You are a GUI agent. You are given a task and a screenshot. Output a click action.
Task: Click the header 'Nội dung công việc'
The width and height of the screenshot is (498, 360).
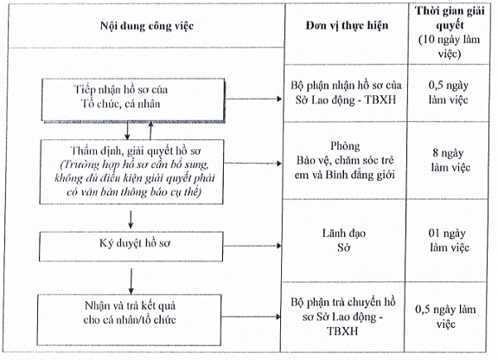pyautogui.click(x=147, y=26)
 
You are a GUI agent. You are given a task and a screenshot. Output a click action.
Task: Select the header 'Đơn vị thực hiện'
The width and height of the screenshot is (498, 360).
pyautogui.click(x=347, y=25)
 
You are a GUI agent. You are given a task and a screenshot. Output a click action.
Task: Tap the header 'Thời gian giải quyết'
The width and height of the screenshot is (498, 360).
pyautogui.click(x=450, y=18)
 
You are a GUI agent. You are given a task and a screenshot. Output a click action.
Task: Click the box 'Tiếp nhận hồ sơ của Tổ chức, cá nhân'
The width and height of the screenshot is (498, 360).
pyautogui.click(x=133, y=100)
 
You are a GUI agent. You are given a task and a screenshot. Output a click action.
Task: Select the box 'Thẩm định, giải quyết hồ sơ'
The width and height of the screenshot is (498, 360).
pyautogui.click(x=131, y=171)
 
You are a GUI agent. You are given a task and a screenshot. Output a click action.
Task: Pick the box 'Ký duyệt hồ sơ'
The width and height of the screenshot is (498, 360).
pyautogui.click(x=131, y=247)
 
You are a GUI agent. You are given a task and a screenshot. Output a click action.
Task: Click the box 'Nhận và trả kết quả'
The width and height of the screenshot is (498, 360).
pyautogui.click(x=129, y=320)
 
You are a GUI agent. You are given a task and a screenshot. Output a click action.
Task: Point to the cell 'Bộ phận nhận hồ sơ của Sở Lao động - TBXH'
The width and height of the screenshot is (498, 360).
pyautogui.click(x=346, y=93)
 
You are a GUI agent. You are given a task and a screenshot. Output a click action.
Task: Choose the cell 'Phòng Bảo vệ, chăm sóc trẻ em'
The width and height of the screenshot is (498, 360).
pyautogui.click(x=345, y=160)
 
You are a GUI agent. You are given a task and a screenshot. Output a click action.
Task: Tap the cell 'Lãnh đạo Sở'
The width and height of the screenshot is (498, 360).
pyautogui.click(x=343, y=240)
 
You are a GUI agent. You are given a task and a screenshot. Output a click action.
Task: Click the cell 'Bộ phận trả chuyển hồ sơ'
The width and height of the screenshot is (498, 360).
pyautogui.click(x=342, y=317)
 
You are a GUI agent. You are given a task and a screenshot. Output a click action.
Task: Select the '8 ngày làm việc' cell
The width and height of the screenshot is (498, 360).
pyautogui.click(x=450, y=160)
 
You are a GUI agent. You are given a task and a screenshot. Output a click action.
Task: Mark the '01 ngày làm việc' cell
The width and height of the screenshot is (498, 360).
pyautogui.click(x=449, y=240)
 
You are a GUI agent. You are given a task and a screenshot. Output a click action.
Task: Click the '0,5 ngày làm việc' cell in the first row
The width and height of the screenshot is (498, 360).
pyautogui.click(x=448, y=93)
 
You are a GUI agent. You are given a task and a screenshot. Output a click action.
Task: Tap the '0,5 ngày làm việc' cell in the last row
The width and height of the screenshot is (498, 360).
pyautogui.click(x=445, y=317)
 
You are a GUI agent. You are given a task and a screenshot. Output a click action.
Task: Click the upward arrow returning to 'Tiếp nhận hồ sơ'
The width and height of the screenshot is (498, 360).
pyautogui.click(x=150, y=131)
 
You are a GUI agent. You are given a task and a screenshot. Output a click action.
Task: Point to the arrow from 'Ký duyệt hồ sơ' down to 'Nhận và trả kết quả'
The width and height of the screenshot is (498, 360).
pyautogui.click(x=131, y=281)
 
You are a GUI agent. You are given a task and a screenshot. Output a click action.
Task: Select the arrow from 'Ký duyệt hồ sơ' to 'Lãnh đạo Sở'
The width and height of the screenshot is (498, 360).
pyautogui.click(x=252, y=246)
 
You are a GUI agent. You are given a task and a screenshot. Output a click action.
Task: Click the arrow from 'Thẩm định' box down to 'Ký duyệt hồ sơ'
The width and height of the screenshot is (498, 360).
pyautogui.click(x=131, y=219)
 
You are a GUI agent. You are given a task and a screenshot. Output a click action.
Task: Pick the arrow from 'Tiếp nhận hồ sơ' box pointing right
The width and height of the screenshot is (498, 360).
pyautogui.click(x=253, y=99)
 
